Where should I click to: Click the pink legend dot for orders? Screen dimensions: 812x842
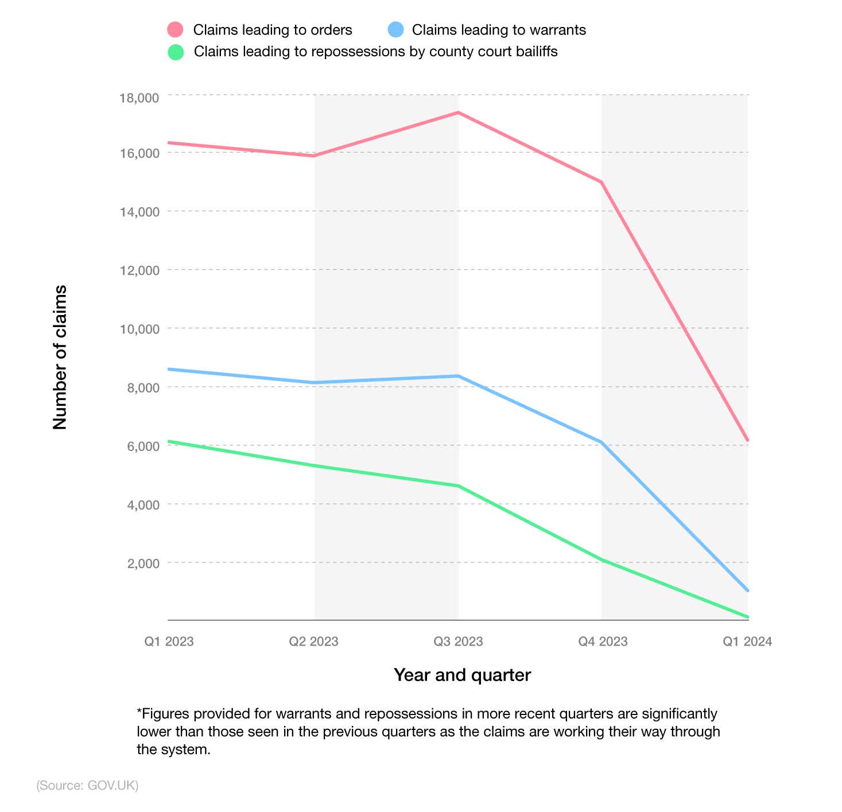(x=175, y=29)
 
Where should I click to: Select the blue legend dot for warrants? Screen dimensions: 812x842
(x=395, y=29)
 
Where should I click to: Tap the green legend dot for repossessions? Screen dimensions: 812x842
(x=175, y=52)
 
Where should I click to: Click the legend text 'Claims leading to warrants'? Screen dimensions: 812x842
(x=499, y=30)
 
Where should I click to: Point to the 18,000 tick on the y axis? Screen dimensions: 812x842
(x=139, y=98)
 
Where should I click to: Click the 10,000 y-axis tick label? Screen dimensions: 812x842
(x=139, y=329)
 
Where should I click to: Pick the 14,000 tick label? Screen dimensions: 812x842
(x=139, y=212)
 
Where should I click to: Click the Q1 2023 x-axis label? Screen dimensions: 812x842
(x=169, y=642)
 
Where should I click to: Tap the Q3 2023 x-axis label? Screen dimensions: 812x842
(x=458, y=642)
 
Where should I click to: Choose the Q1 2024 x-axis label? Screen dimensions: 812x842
(x=747, y=642)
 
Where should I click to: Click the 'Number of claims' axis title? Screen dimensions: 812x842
(x=60, y=357)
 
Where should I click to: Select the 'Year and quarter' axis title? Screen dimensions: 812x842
(x=462, y=675)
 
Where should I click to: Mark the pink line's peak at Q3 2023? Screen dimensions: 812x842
(x=458, y=112)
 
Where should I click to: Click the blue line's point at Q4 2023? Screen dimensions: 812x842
(x=602, y=442)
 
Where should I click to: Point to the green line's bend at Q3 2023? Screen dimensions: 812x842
(x=458, y=486)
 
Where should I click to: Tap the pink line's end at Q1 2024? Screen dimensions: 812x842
(x=747, y=440)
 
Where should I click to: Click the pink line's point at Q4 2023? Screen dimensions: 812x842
(x=602, y=182)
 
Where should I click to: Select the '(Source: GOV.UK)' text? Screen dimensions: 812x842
(x=87, y=786)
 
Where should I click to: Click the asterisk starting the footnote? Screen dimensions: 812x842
(x=139, y=712)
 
